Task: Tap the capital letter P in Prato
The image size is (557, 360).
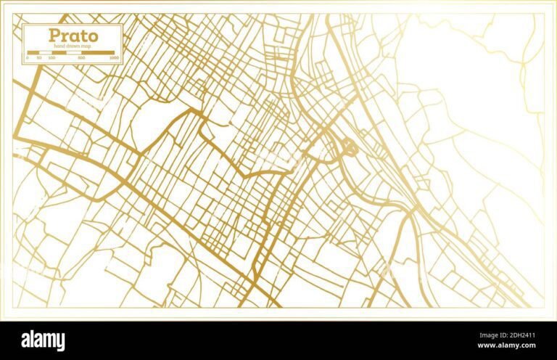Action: (54, 35)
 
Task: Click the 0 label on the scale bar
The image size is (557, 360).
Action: (28, 57)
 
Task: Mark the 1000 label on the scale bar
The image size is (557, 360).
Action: (114, 57)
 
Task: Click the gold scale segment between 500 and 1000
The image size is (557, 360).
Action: (97, 52)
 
